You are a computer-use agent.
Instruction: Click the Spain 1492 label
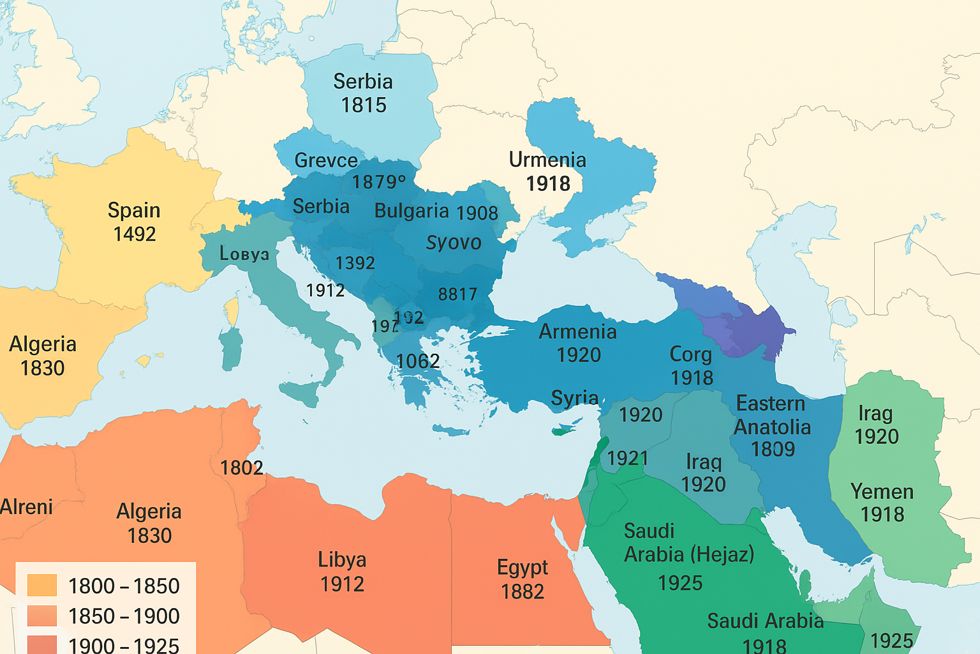(x=134, y=222)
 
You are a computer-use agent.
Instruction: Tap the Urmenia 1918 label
(x=547, y=171)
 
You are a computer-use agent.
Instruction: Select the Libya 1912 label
(x=342, y=572)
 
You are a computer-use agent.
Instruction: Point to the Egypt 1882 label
(x=523, y=579)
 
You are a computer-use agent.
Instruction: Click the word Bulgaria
(x=412, y=211)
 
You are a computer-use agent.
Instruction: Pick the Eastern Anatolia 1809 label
(x=772, y=426)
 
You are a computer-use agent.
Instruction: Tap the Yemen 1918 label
(x=882, y=503)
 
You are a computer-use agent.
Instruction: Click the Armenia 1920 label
(x=578, y=343)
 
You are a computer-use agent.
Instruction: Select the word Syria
(x=574, y=398)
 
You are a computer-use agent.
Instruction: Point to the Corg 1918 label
(x=691, y=366)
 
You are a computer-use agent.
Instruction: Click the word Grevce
(x=326, y=160)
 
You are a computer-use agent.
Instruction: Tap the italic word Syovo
(x=454, y=243)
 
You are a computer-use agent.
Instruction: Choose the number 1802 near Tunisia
(x=242, y=468)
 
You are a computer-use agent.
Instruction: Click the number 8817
(x=457, y=294)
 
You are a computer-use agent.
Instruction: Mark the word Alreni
(x=26, y=507)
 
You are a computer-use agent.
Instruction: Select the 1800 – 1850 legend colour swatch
(x=42, y=585)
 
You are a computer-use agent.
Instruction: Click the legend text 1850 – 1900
(x=124, y=616)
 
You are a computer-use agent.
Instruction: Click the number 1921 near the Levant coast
(x=627, y=458)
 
